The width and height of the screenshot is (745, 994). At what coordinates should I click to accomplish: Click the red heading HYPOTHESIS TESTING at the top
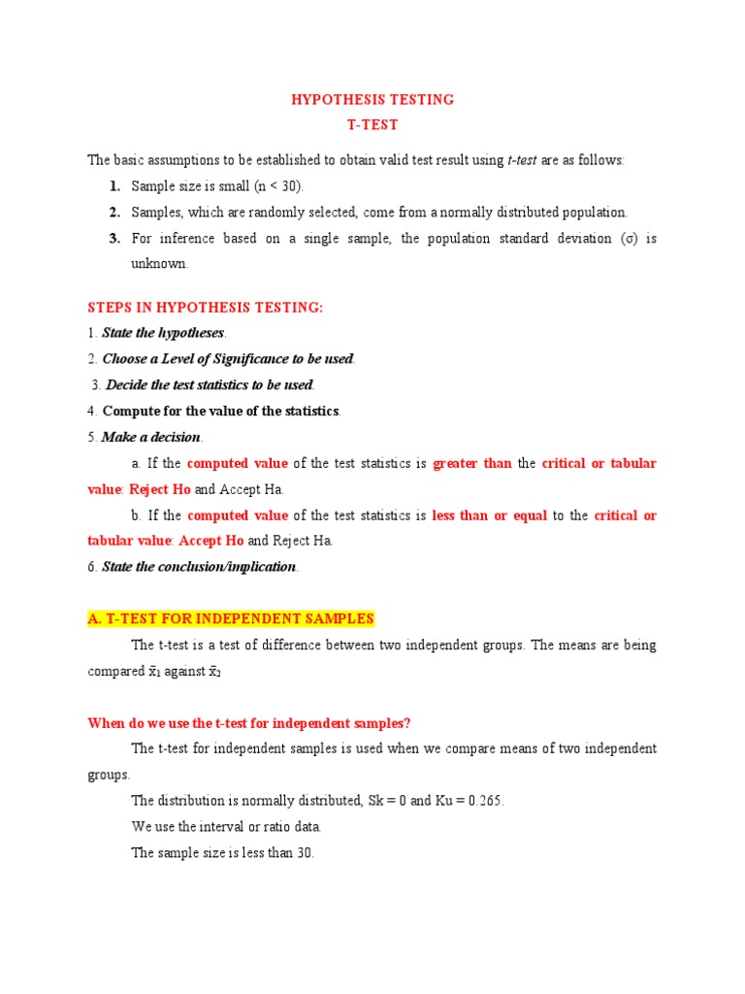372,100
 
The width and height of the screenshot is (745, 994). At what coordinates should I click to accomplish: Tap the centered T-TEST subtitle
372,125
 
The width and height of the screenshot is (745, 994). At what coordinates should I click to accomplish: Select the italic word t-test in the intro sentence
526,160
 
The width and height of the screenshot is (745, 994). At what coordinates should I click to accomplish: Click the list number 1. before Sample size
114,185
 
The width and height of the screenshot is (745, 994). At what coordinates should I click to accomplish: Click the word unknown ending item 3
159,263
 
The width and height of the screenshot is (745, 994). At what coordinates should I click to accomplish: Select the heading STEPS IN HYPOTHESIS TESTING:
205,308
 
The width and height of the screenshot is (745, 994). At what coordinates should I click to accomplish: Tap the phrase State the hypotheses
169,333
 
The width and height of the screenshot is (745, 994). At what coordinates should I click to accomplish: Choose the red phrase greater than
471,463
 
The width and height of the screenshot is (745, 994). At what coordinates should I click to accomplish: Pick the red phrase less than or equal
490,515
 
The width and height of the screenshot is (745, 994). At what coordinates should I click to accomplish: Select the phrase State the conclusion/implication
199,567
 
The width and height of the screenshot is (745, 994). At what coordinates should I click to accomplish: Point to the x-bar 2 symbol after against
215,672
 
